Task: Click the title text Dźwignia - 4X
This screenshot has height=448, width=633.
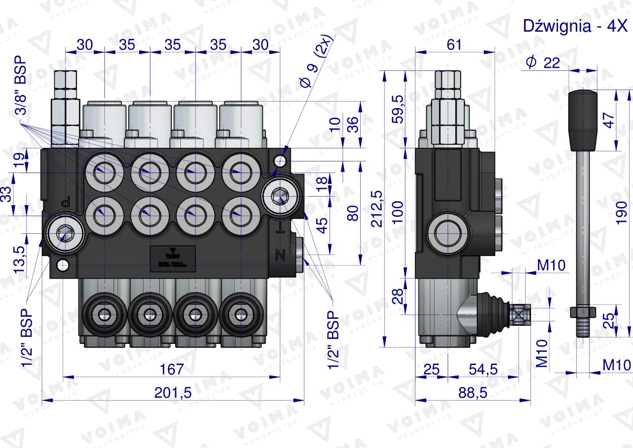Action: [576, 27]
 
